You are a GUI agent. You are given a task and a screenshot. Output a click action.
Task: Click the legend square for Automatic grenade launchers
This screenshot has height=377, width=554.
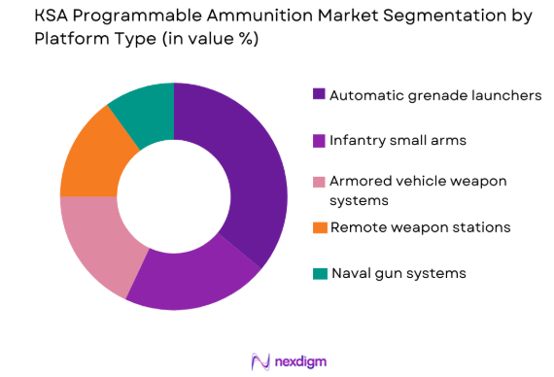pyautogui.click(x=319, y=95)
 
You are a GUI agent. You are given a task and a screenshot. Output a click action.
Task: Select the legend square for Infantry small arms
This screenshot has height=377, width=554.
pyautogui.click(x=319, y=140)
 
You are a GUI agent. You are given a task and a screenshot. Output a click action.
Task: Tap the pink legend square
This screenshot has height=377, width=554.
pyautogui.click(x=319, y=182)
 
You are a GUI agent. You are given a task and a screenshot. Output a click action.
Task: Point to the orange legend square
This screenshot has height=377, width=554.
pyautogui.click(x=319, y=227)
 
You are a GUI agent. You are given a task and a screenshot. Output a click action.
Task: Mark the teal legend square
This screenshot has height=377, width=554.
pyautogui.click(x=319, y=273)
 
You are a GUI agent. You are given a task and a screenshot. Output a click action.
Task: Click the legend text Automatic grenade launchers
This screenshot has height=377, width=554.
pyautogui.click(x=434, y=95)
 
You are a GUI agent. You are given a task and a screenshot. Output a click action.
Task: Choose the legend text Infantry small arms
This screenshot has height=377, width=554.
pyautogui.click(x=398, y=140)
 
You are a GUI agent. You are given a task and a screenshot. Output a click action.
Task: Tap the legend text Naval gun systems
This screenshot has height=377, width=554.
pyautogui.click(x=398, y=273)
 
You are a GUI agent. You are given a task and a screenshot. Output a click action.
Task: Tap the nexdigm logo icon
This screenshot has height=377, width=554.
pyautogui.click(x=260, y=361)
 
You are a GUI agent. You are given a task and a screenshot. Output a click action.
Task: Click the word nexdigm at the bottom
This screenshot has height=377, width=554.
pyautogui.click(x=300, y=361)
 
